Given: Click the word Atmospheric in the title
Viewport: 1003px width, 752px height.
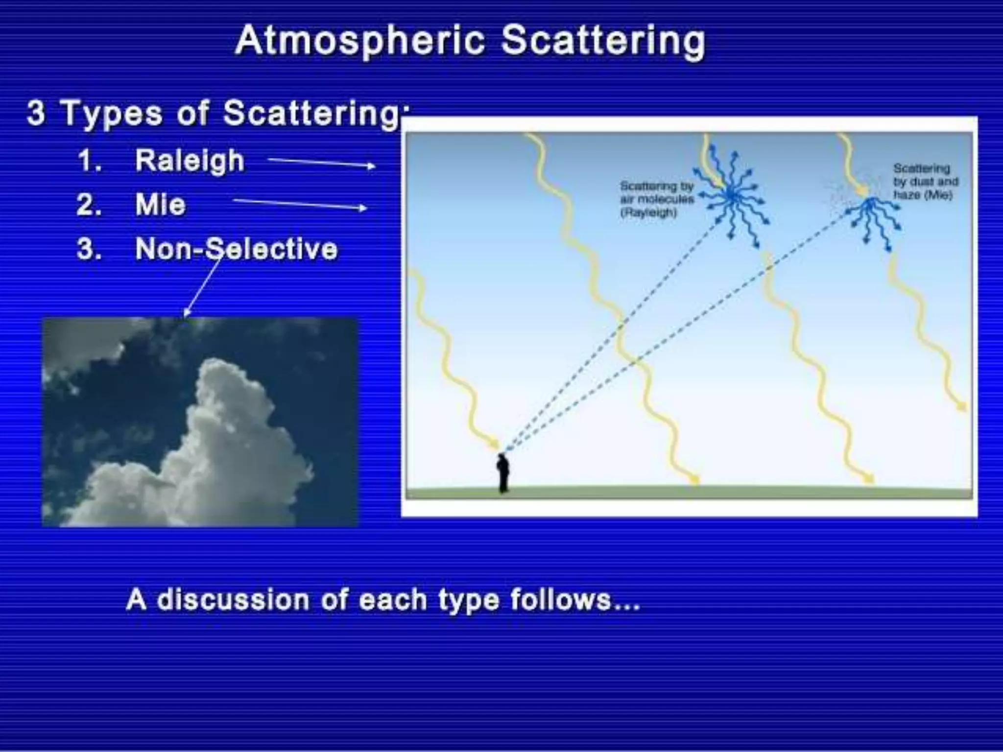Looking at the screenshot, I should pos(360,41).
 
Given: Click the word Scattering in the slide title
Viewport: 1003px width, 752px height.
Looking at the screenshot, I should pos(603,41).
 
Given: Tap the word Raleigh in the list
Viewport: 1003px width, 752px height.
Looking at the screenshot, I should pos(190,160).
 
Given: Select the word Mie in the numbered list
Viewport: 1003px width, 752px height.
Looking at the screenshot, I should pos(161,205).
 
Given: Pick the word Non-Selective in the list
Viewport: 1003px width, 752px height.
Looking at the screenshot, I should pos(237,249).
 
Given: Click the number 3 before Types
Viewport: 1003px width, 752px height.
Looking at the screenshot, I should pos(36,113).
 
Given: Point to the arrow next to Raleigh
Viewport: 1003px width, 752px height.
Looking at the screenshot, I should pos(321,163).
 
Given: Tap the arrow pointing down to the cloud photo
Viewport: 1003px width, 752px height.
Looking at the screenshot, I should pos(201,286).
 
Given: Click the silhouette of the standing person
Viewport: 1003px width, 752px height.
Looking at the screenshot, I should pos(503,473).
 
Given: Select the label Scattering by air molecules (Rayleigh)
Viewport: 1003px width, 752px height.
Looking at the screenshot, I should pos(657,199).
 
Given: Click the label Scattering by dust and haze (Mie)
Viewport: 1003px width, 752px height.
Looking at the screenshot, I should pos(925,182).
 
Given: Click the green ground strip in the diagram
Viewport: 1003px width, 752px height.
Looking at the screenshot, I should pos(735,492).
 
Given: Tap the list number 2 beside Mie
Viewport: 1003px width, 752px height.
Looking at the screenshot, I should pos(89,205).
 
